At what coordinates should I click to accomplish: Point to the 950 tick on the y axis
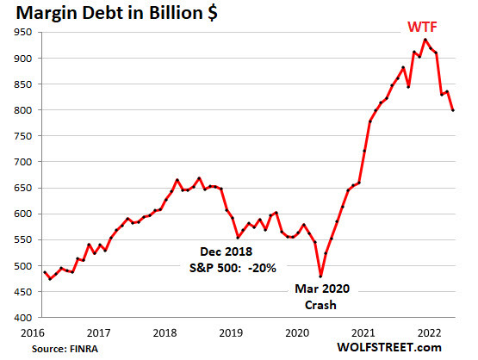coord(21,32)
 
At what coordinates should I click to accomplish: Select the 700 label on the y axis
coord(21,162)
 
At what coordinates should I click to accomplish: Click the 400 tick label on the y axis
coord(21,318)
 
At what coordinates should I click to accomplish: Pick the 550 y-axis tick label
coord(21,239)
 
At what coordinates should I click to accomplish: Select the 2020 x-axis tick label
coord(297,331)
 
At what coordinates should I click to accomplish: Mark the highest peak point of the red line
coord(425,39)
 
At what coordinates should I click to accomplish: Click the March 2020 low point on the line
coord(320,276)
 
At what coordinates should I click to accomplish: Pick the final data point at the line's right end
coord(453,109)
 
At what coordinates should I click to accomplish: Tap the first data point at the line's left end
coord(44,272)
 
